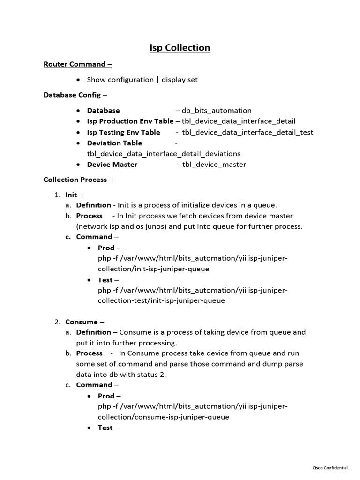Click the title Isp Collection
(180, 48)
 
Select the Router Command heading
(77, 64)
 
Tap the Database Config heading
(72, 95)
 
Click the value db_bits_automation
(217, 111)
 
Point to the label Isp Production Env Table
(130, 121)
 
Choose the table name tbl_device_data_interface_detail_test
(247, 132)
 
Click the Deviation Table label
(114, 143)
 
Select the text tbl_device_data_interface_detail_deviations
(164, 154)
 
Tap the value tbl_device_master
(214, 165)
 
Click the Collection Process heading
(75, 180)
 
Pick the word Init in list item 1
(71, 195)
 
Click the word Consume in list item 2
(82, 322)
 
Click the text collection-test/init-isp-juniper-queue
(161, 300)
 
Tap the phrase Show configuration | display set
(142, 80)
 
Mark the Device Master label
(112, 165)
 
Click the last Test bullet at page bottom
(105, 427)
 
